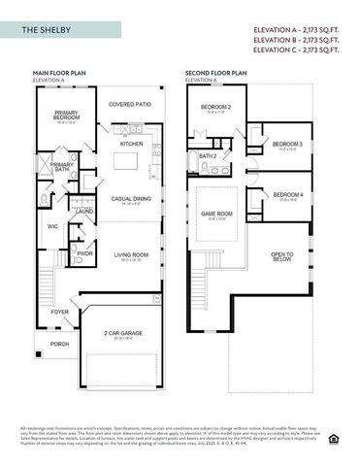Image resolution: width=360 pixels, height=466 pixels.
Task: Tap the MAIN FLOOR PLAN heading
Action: pyautogui.click(x=61, y=72)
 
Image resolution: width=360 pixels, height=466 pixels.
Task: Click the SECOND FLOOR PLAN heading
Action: pyautogui.click(x=217, y=72)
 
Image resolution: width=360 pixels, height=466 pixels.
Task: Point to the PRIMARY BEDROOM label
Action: pyautogui.click(x=66, y=116)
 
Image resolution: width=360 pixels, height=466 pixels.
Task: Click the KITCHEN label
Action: pyautogui.click(x=132, y=143)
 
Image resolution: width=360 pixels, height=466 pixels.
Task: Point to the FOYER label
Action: pyautogui.click(x=60, y=312)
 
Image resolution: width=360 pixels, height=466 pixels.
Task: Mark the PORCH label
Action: pyautogui.click(x=60, y=343)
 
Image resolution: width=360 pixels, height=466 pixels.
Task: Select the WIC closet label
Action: pyautogui.click(x=53, y=227)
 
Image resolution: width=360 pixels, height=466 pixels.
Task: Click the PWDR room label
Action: pyautogui.click(x=85, y=253)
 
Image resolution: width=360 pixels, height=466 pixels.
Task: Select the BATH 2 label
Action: pyautogui.click(x=208, y=155)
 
